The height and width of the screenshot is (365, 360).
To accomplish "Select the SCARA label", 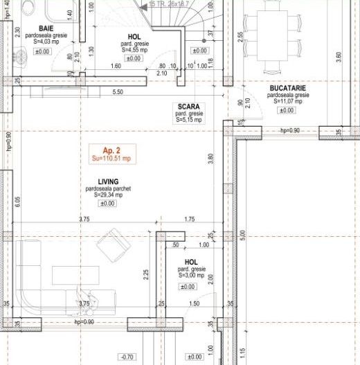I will tap(189, 107).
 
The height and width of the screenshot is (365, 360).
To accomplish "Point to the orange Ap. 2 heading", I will tap(111, 150).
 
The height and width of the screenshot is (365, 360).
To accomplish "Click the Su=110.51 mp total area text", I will tap(111, 159).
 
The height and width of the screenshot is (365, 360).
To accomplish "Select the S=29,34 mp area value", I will tap(107, 195).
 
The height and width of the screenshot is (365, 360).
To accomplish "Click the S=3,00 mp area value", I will tap(191, 275).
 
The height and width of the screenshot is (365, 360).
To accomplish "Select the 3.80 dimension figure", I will tap(210, 157).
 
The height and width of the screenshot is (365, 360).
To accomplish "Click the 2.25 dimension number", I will tap(146, 275).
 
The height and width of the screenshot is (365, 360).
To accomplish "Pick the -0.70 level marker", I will tap(107, 357).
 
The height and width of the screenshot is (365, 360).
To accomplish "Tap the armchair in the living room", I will tap(111, 244).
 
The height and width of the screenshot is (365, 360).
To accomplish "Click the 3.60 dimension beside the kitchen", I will tap(338, 56).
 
